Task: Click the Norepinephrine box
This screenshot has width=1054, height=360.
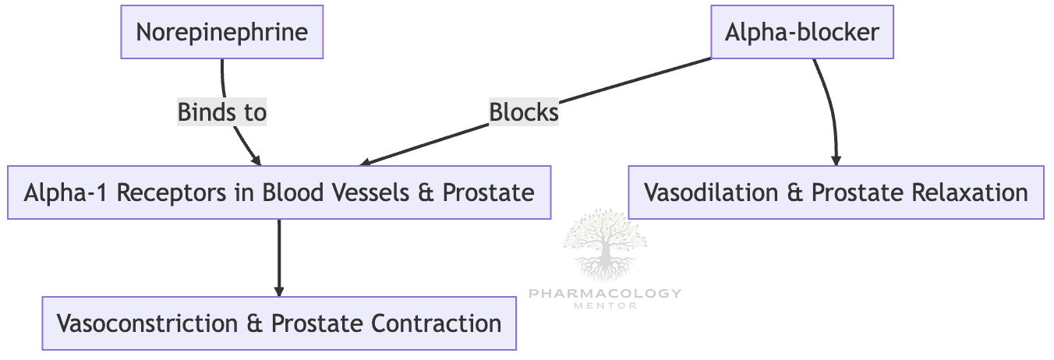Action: coord(221,33)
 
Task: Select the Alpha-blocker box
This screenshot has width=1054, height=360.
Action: coord(801,33)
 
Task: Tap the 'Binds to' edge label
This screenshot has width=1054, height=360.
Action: coord(222,113)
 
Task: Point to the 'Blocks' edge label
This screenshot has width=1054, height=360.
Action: coord(523,113)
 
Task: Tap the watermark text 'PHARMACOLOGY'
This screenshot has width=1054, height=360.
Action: coord(604,294)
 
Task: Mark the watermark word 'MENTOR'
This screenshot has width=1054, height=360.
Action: coord(604,305)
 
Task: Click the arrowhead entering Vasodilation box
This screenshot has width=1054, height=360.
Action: coord(836,159)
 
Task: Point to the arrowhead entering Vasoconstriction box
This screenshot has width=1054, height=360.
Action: coord(279,291)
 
